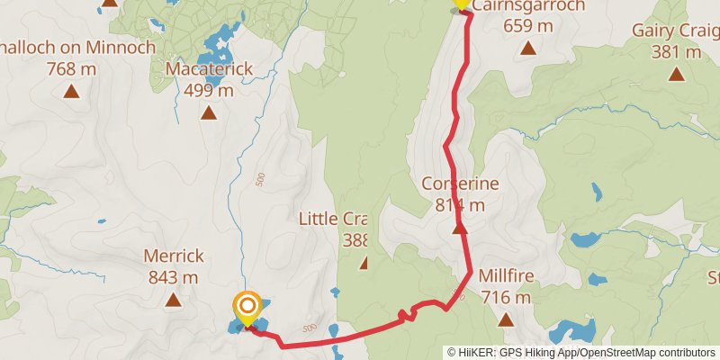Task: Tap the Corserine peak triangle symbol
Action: coord(460,229)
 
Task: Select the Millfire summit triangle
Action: coord(506,319)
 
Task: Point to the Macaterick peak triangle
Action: coord(208,112)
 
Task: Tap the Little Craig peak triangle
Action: coord(364,263)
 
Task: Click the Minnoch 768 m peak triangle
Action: coord(71,90)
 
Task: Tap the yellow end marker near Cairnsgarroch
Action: coord(461,4)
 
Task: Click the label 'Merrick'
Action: coord(173,256)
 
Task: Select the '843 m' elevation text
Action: coord(173,277)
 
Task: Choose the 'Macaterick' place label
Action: coord(209,68)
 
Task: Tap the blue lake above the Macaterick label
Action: coord(216,40)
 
